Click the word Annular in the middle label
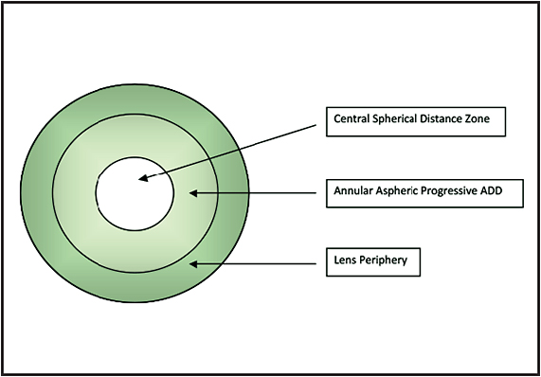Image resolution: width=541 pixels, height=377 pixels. pos(352,191)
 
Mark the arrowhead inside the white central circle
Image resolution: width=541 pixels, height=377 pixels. pos(143,177)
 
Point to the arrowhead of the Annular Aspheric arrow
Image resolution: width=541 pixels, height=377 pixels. pos(193,192)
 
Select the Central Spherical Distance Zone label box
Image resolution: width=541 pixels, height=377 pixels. pos(414,121)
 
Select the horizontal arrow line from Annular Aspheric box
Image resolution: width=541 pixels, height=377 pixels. pos(256,192)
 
